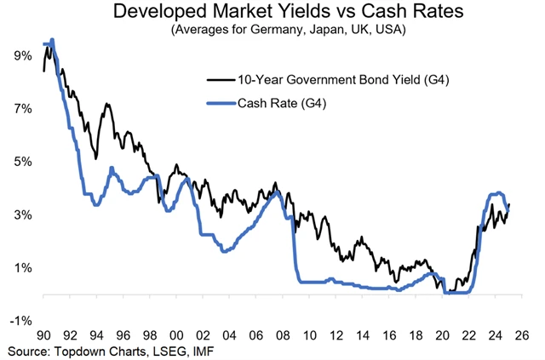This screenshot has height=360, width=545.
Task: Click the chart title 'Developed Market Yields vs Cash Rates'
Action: tap(272, 14)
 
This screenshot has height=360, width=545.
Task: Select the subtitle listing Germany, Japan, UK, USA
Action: tap(272, 31)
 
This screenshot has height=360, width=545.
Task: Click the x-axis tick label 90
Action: tap(43, 335)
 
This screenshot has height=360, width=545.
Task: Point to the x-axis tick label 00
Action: tap(176, 335)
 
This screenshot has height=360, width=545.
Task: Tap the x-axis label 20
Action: tap(441, 335)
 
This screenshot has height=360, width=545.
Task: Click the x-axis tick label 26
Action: tap(521, 335)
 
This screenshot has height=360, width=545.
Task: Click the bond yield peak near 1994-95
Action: tap(107, 105)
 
